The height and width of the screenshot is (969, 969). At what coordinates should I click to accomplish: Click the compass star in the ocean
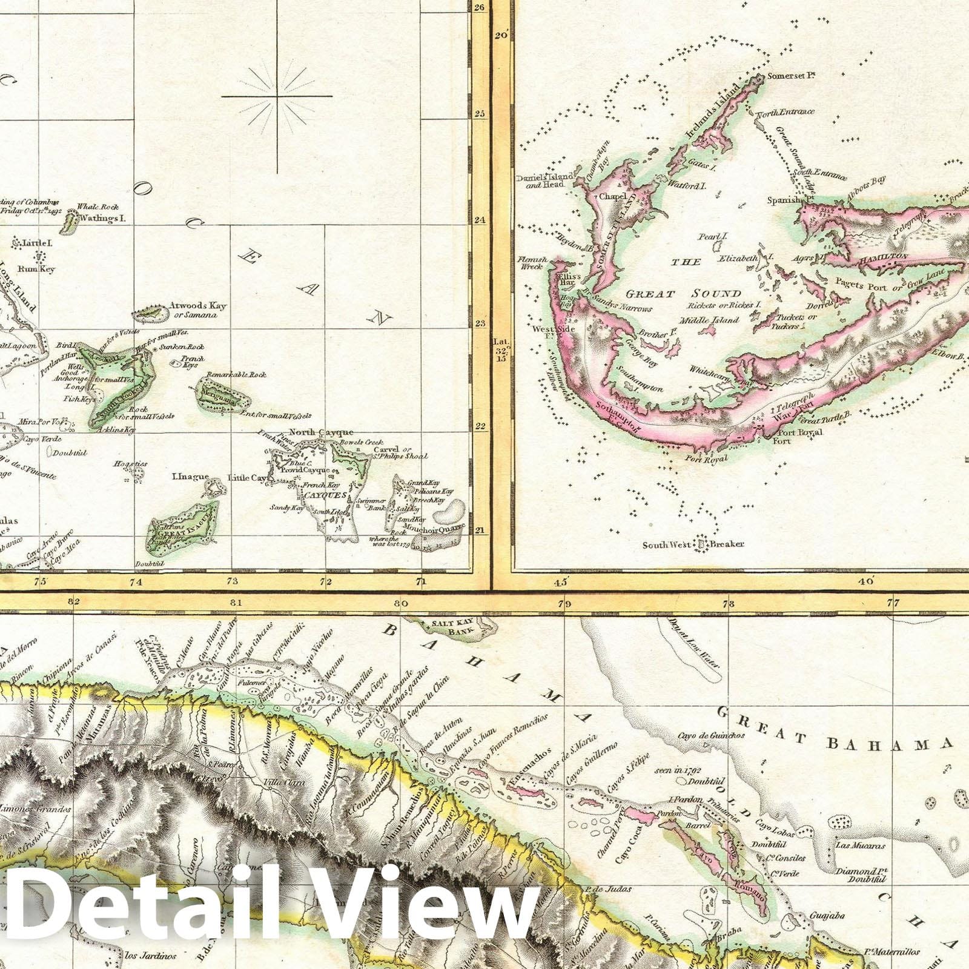point(277,96)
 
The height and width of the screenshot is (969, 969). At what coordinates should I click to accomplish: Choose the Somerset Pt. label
point(790,76)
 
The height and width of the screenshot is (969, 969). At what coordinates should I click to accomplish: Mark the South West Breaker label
point(693,544)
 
